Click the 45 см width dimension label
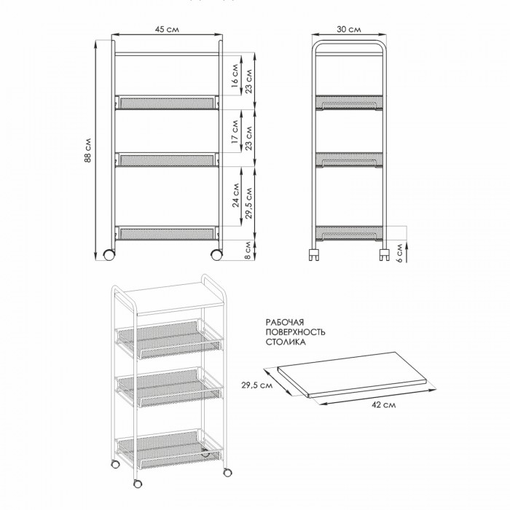167,29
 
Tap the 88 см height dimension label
88,150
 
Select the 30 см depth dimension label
349,29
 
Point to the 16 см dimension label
235,76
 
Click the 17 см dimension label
235,131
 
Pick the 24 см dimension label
236,195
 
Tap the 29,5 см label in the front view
249,203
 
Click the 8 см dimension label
248,251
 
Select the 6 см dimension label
400,253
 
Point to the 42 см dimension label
384,405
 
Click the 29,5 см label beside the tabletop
257,385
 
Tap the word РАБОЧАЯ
285,322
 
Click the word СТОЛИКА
286,342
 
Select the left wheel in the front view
109,255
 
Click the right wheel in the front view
216,255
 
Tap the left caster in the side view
313,255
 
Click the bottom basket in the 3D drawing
169,449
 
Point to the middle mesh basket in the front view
167,160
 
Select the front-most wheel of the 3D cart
138,484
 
